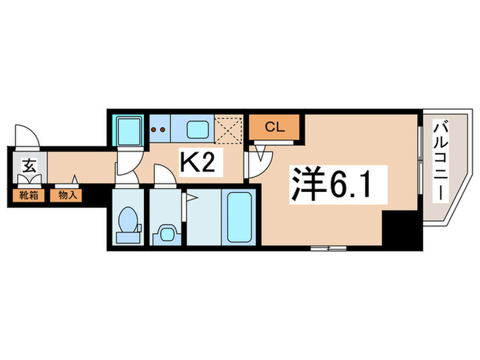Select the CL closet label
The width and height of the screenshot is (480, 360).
pyautogui.click(x=274, y=126)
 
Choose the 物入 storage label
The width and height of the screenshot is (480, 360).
pyautogui.click(x=67, y=195)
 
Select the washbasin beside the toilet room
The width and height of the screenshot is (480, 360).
pyautogui.click(x=165, y=232)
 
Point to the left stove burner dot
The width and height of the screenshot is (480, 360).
pyautogui.click(x=154, y=128)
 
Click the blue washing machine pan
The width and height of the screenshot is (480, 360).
pyautogui.click(x=128, y=130)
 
